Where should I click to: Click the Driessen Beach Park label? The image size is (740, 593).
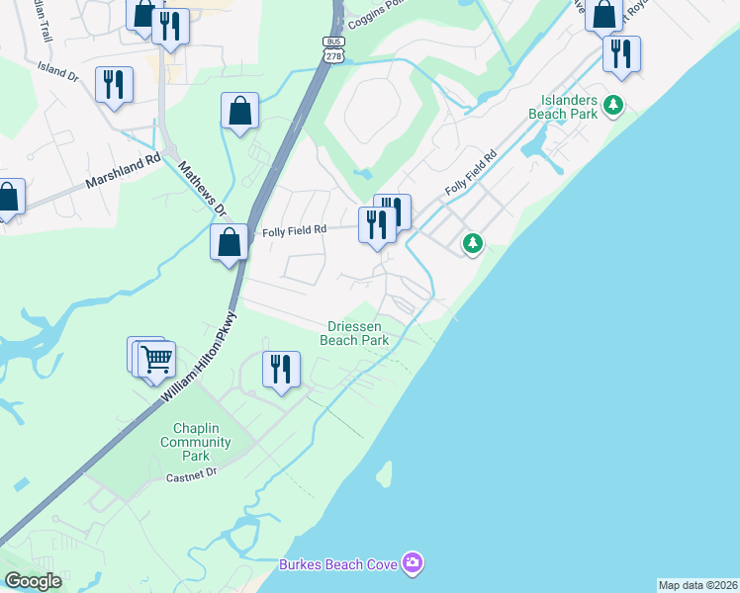click(353, 333)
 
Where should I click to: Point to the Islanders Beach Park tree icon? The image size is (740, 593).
click(614, 104)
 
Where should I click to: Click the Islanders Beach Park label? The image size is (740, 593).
click(570, 107)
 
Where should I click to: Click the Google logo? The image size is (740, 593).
click(33, 581)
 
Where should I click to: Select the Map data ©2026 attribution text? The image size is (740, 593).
click(697, 585)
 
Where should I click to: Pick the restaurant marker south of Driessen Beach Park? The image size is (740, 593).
click(281, 371)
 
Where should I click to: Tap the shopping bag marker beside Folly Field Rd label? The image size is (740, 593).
click(229, 241)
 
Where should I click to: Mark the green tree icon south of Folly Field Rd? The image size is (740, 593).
click(473, 243)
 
